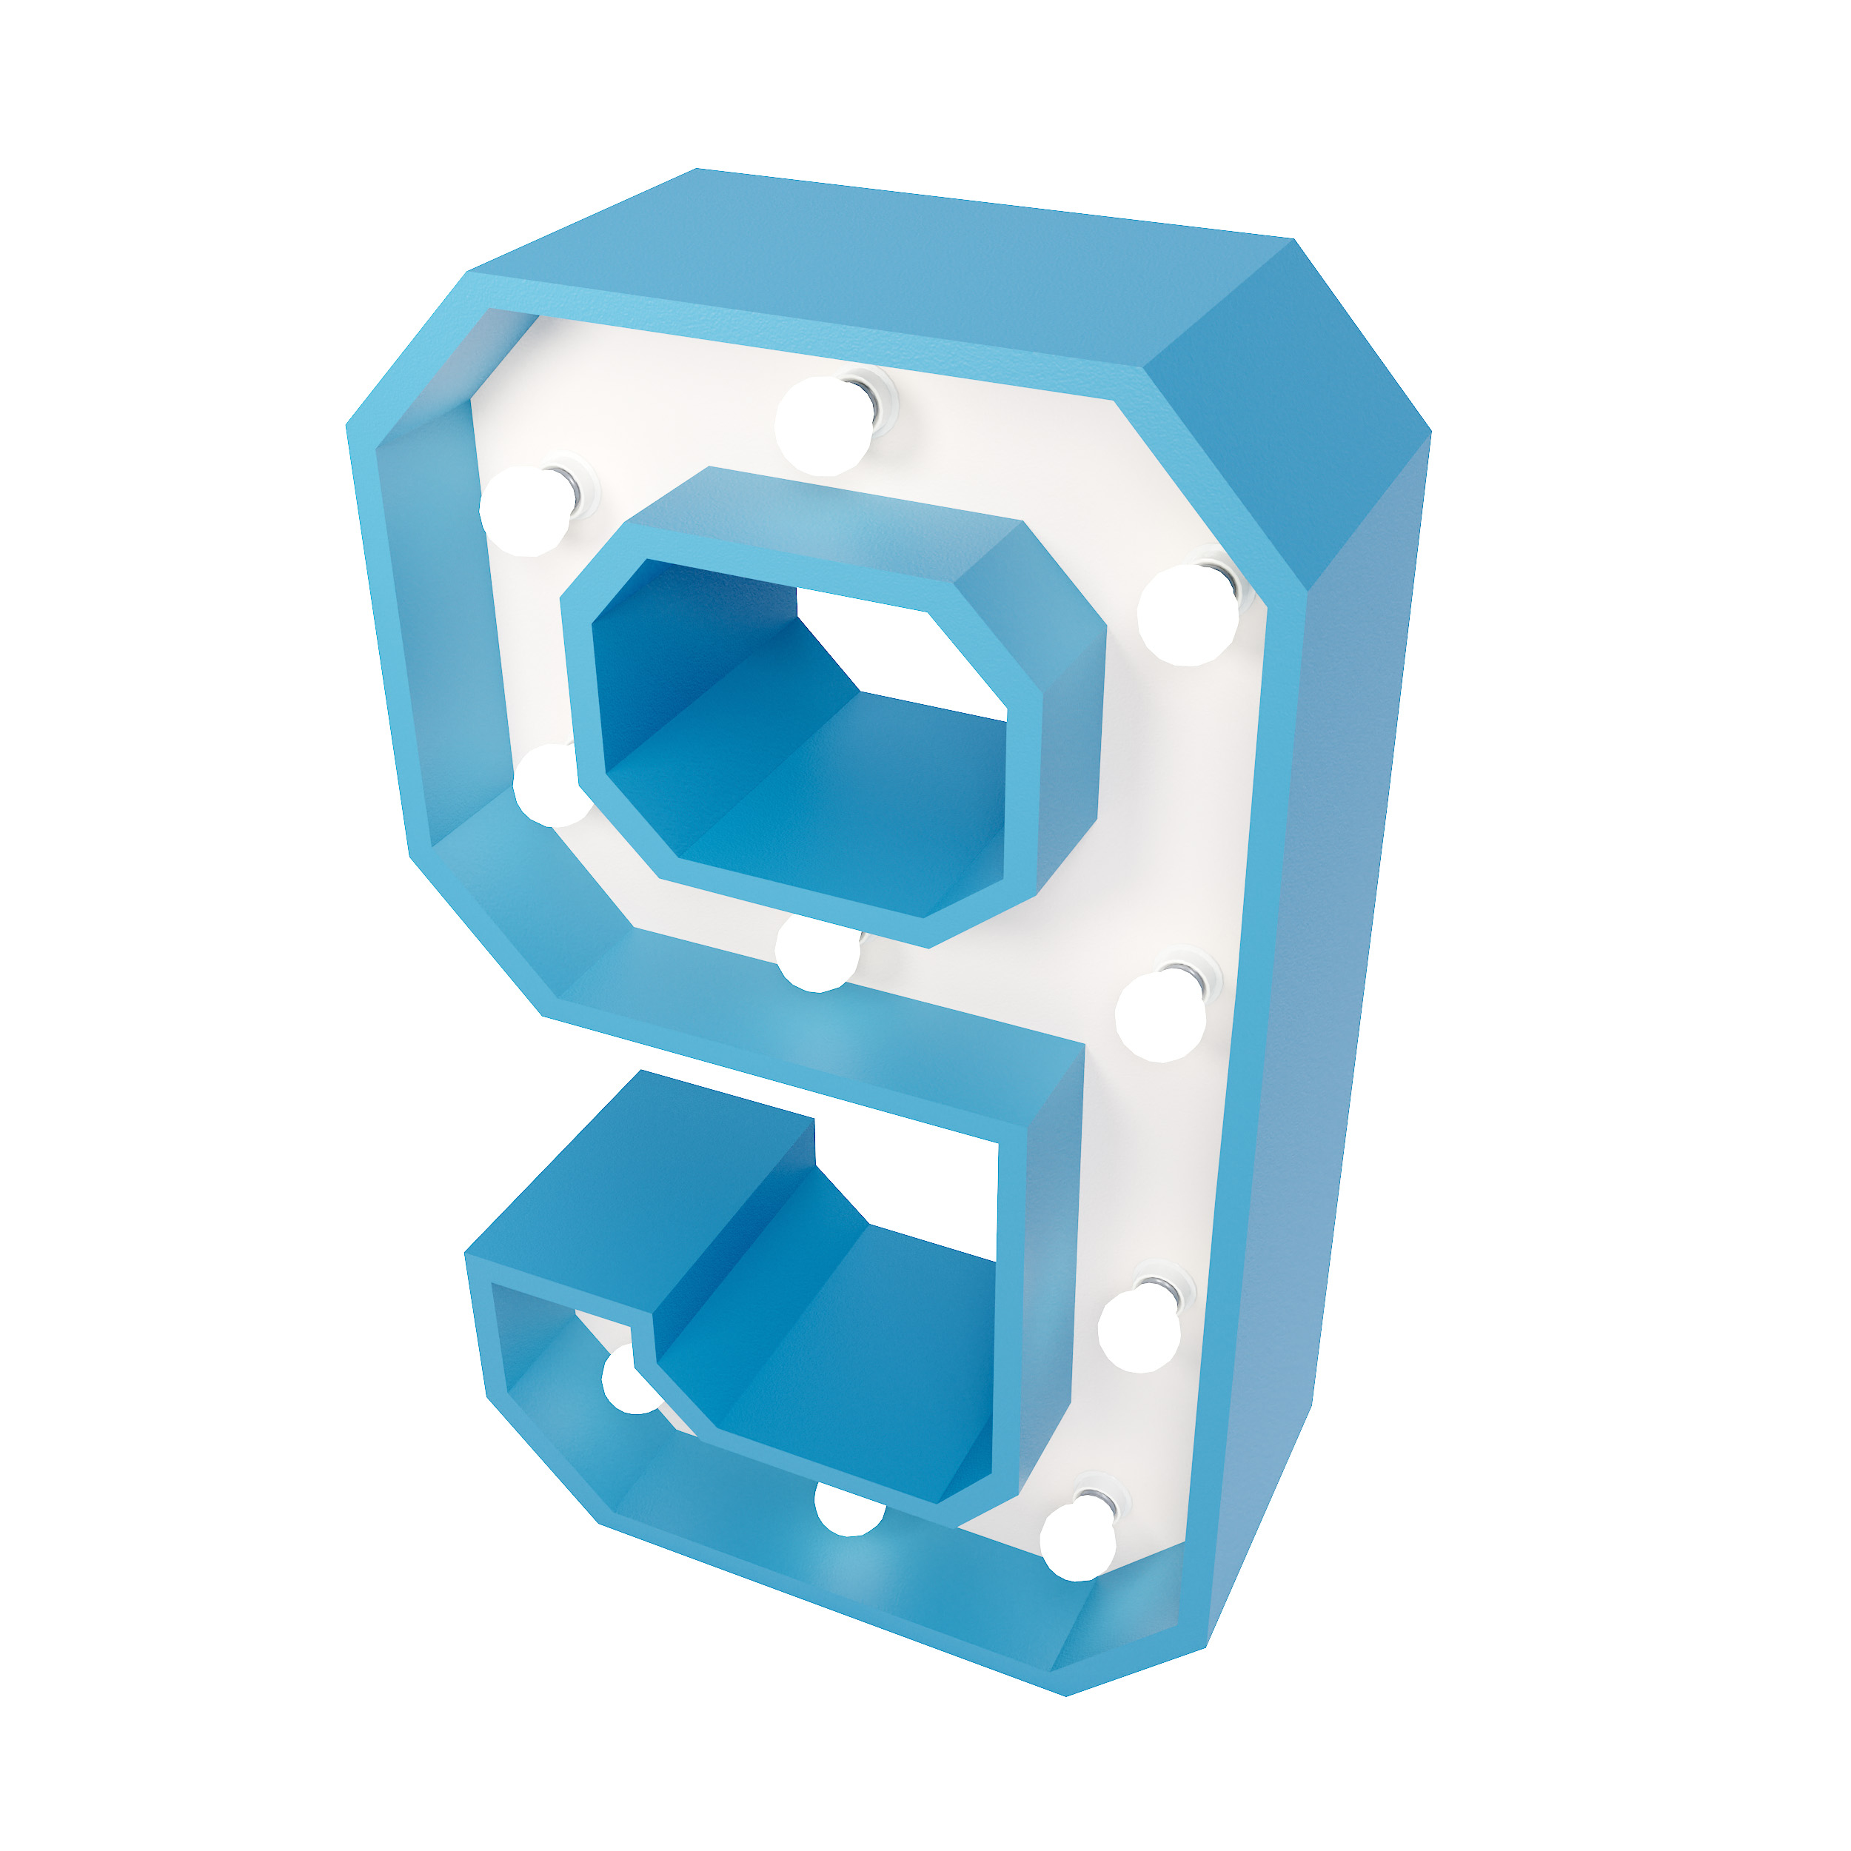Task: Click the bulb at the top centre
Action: (822, 426)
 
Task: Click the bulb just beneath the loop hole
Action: (815, 954)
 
